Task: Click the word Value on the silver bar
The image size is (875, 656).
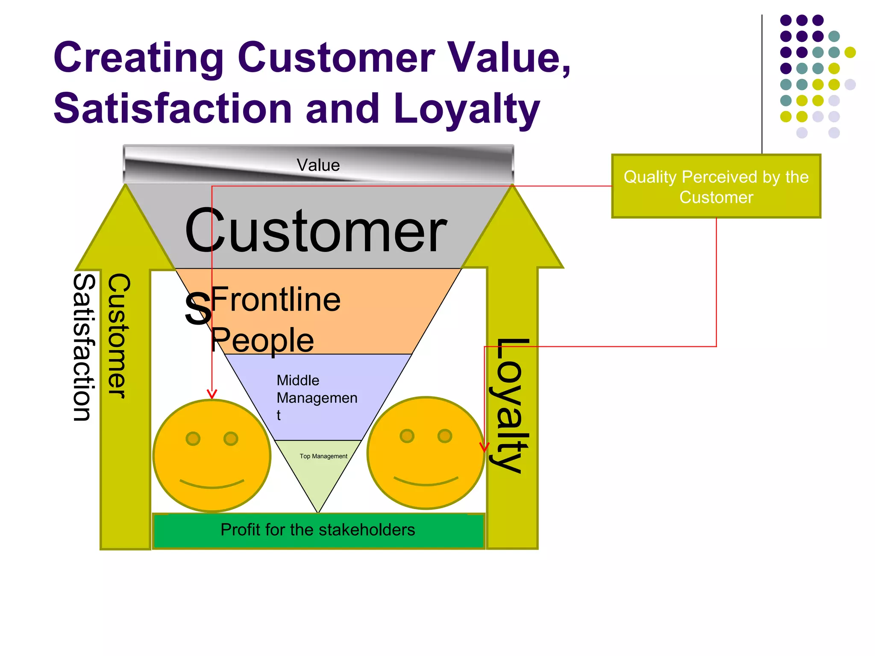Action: [x=318, y=165]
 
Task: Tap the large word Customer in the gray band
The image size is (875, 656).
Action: [x=316, y=231]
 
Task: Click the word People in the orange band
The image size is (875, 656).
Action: [x=262, y=340]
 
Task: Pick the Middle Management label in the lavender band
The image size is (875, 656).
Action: [x=317, y=397]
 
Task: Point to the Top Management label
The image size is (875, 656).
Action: [x=323, y=456]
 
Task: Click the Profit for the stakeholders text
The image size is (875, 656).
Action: [x=318, y=530]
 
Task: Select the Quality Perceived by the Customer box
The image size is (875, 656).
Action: [x=716, y=187]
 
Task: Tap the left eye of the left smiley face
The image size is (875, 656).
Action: [x=193, y=439]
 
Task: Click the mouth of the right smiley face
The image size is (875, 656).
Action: [x=426, y=481]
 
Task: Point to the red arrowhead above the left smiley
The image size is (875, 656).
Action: [x=212, y=394]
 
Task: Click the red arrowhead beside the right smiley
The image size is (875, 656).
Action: [x=484, y=448]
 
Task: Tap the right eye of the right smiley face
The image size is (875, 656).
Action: [x=445, y=436]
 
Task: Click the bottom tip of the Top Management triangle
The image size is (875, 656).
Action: [x=318, y=512]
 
